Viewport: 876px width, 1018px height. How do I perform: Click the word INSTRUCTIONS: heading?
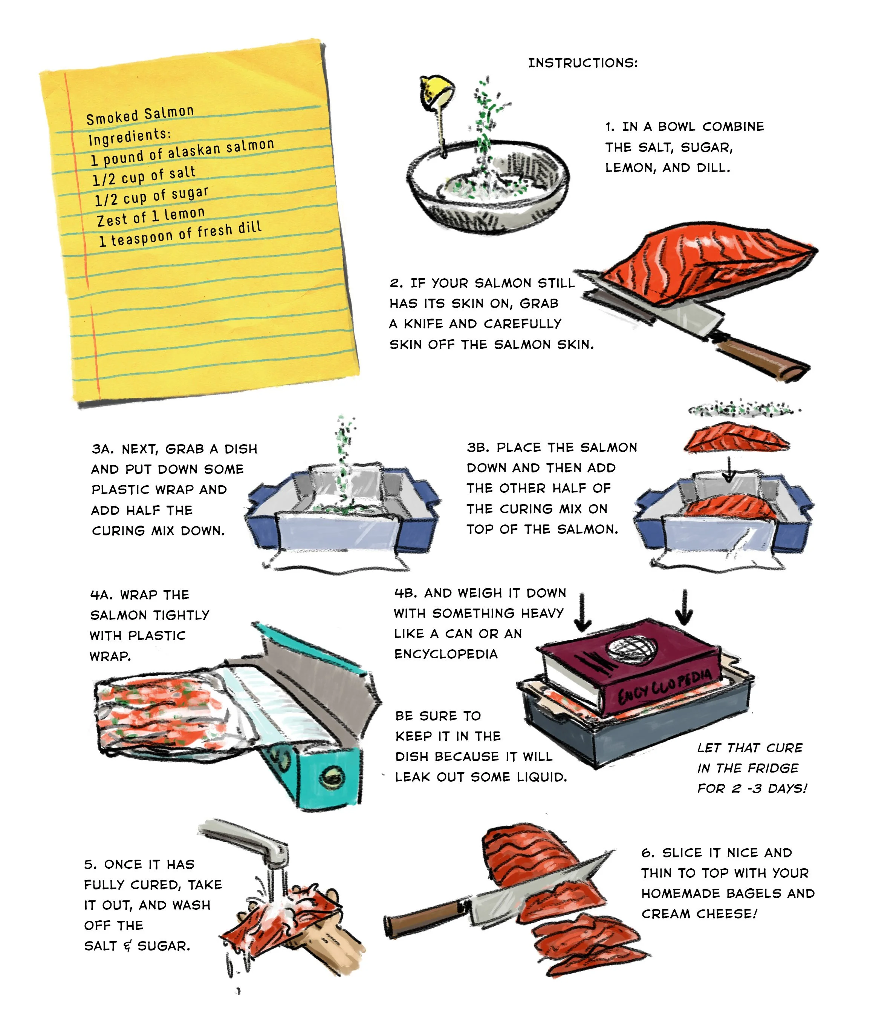(x=582, y=63)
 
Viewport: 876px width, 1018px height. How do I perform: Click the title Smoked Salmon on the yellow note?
(x=140, y=115)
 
